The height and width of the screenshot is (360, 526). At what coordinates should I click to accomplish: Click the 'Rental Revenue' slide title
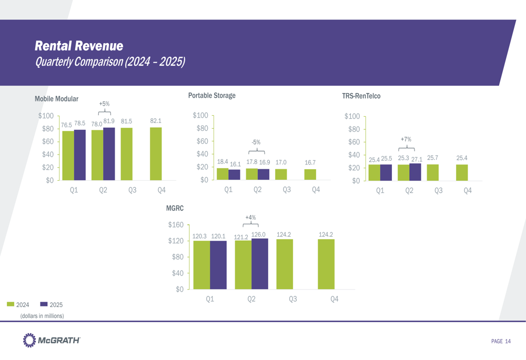click(79, 46)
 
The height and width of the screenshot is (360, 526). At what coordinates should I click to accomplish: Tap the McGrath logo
click(52, 341)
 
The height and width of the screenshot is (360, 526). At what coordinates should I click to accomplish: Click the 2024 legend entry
click(18, 304)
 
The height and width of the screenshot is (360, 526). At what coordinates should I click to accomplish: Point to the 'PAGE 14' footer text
click(501, 342)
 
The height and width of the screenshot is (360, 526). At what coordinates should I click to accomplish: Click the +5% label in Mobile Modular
click(105, 104)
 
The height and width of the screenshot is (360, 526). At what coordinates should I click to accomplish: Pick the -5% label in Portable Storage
click(256, 142)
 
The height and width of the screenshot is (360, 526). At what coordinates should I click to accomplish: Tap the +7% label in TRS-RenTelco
click(406, 139)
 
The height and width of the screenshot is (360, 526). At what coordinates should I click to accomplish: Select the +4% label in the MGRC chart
click(250, 217)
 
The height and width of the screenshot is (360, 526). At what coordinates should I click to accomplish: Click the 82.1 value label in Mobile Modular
click(156, 121)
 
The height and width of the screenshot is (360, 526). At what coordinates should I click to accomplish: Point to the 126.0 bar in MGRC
click(260, 263)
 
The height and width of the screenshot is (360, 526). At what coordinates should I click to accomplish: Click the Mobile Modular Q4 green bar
click(156, 154)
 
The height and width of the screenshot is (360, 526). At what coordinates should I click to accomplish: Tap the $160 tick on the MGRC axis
click(175, 225)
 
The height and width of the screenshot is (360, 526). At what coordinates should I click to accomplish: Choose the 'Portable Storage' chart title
click(211, 96)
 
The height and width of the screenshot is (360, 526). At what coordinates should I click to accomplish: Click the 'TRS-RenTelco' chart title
click(361, 96)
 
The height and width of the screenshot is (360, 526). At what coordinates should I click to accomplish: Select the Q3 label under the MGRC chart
click(292, 299)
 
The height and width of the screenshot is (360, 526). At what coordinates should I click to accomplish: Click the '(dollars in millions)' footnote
click(42, 316)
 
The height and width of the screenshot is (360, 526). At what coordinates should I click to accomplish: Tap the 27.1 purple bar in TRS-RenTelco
click(415, 172)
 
